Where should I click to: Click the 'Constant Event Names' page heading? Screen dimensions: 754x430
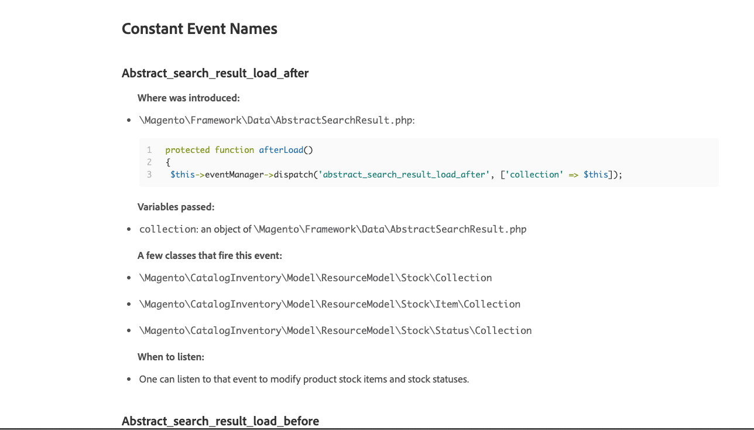click(x=199, y=29)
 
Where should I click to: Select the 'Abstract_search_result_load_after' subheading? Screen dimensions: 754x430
click(x=215, y=73)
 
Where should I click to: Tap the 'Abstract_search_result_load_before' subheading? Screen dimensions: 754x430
click(x=220, y=421)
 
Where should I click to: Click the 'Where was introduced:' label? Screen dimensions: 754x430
click(x=188, y=98)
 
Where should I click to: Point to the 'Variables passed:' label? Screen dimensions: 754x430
click(x=176, y=207)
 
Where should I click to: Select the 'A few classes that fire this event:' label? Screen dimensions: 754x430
click(x=210, y=255)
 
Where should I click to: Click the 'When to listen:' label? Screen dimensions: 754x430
click(x=171, y=357)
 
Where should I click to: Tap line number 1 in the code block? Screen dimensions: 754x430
click(x=149, y=150)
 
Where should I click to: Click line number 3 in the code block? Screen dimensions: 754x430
click(x=149, y=175)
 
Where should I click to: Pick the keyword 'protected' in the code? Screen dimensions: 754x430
click(x=187, y=150)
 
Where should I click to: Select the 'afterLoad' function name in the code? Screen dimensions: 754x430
click(x=281, y=150)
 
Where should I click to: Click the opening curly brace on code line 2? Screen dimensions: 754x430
click(x=168, y=162)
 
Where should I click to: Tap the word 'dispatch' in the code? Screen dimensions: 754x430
click(x=293, y=175)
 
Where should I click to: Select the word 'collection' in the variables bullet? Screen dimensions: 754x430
click(x=167, y=229)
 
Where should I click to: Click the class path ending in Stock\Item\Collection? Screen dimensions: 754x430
click(x=330, y=305)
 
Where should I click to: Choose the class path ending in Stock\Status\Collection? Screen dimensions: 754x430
click(x=335, y=330)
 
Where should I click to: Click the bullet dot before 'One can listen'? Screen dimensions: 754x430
click(x=129, y=379)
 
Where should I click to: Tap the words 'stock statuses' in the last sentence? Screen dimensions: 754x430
click(x=438, y=379)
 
